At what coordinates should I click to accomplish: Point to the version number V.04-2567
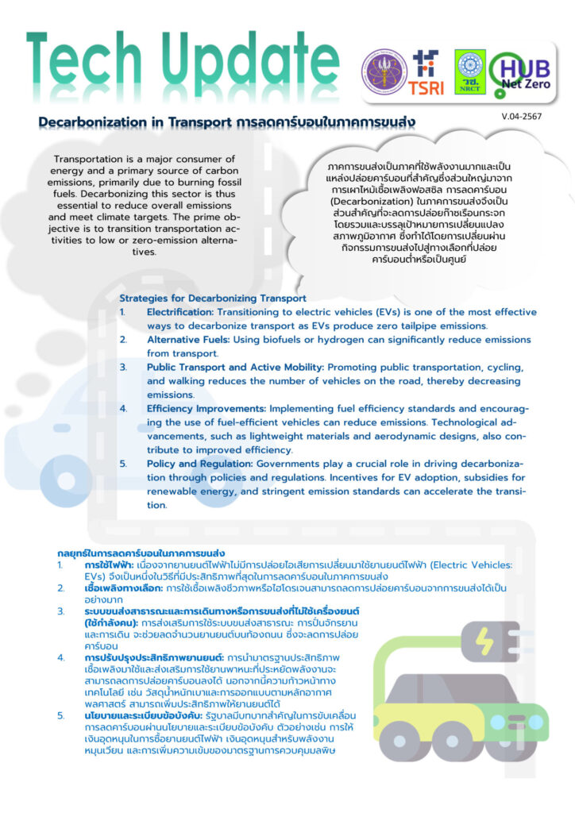click(520, 117)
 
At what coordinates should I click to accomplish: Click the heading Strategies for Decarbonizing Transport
click(212, 299)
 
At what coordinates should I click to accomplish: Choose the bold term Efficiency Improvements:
click(206, 408)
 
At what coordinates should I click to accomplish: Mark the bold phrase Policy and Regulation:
click(199, 464)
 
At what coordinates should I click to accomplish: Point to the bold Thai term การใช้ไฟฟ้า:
click(103, 564)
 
